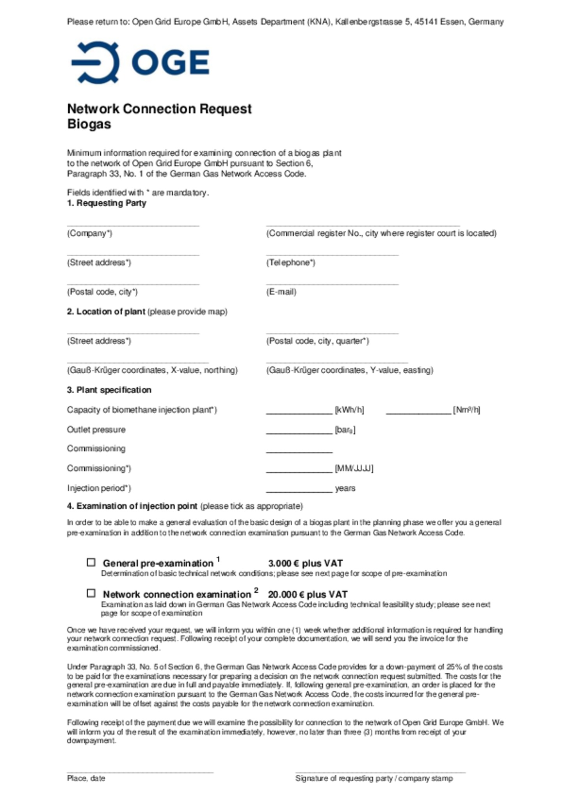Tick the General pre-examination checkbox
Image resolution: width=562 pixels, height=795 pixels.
pos(91,562)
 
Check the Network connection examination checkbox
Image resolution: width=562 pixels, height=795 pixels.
pos(91,593)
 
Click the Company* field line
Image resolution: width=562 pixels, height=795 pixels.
pos(133,225)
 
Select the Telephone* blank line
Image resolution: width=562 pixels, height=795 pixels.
pos(332,254)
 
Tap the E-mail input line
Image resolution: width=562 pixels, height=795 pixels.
pos(332,284)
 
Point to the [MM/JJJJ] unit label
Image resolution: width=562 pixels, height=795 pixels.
pos(354,468)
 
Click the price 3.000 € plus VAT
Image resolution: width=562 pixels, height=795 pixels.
pos(305,563)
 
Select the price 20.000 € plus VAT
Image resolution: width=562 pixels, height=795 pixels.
pos(307,594)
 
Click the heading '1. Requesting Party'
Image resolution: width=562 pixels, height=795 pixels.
pos(107,203)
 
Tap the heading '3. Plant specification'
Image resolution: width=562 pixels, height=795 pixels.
pos(109,390)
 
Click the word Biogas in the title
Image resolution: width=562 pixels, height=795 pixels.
pos(89,124)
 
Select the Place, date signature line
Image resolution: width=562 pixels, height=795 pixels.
pos(140,772)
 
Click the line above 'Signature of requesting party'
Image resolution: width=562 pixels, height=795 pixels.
pos(380,772)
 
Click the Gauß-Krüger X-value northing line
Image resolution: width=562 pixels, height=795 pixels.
pos(137,362)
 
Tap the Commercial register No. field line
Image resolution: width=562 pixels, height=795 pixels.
pos(363,225)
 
